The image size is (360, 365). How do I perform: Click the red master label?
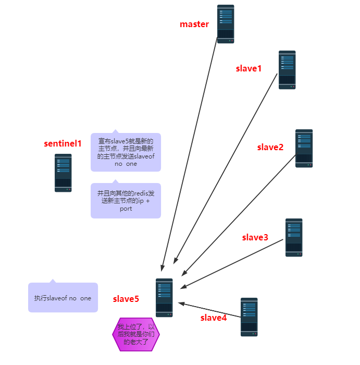coord(194,24)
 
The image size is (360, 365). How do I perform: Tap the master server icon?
coord(226,24)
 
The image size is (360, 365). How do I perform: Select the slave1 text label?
coord(249,68)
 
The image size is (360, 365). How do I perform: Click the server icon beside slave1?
coord(287,70)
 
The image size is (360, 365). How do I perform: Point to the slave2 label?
coord(270,147)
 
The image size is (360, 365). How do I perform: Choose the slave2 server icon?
coord(304,148)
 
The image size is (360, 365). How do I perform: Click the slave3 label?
coord(255,237)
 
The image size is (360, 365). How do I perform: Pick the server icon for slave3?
coord(294,237)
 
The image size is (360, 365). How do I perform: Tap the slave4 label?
coord(214,318)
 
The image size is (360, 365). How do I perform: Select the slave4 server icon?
coord(249,317)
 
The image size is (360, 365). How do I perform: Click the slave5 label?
coord(126,299)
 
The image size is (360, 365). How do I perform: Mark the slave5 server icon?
coord(164,298)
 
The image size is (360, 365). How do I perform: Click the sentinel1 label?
coord(63,143)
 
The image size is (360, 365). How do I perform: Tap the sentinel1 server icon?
coord(63,173)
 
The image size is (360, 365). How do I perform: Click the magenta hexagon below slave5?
coord(136,334)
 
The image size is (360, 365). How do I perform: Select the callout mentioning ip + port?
coord(126,201)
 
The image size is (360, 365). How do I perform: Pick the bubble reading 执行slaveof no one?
coord(63,298)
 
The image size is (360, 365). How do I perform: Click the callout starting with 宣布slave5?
coord(126,152)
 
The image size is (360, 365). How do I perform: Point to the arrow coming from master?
coord(189,154)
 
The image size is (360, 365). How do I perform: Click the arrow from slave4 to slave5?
coord(209,310)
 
